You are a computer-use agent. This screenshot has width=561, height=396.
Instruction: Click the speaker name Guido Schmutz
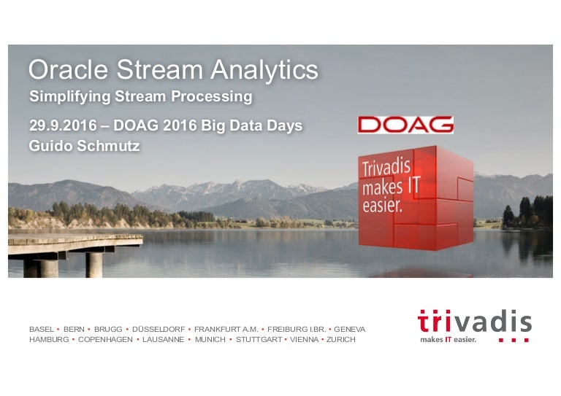[84, 146]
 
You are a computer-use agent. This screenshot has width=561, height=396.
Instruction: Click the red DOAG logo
[405, 125]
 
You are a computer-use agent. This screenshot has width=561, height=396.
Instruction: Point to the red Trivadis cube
[415, 197]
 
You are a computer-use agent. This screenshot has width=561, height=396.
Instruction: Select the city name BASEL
[41, 330]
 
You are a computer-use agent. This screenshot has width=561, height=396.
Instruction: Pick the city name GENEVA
[350, 330]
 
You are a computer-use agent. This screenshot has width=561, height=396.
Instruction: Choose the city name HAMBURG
[48, 341]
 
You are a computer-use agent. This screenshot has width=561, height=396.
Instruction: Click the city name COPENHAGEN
[103, 341]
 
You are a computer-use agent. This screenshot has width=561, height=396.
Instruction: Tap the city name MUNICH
[210, 341]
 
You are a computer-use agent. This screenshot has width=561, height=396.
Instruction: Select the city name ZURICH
[341, 341]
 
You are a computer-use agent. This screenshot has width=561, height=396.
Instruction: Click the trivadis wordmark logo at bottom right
[474, 322]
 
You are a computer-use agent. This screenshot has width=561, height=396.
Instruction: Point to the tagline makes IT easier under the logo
[448, 340]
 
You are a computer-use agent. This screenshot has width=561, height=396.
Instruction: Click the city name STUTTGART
[259, 341]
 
